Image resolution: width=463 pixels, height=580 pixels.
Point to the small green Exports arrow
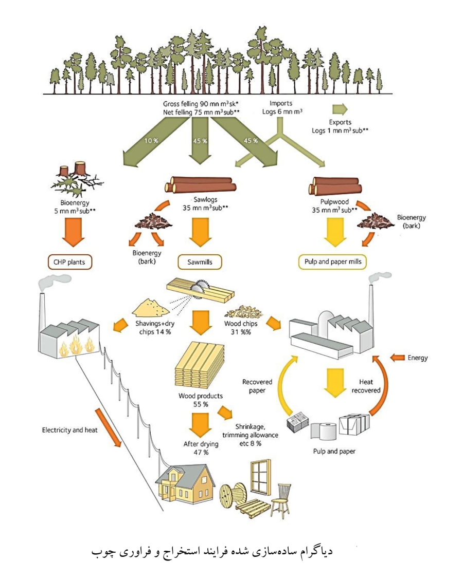[x=340, y=109]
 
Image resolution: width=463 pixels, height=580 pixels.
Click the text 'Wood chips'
[x=241, y=324]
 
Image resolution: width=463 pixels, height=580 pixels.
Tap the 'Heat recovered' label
[x=366, y=386]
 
